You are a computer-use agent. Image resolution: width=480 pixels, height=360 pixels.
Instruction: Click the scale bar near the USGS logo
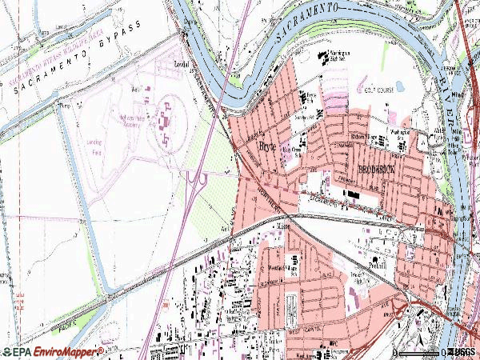(x=418, y=352)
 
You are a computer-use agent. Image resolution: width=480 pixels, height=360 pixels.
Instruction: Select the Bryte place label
(x=266, y=147)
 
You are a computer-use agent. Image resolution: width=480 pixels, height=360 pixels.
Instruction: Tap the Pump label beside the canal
(x=64, y=105)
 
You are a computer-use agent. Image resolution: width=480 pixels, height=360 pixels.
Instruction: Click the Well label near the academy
(x=136, y=90)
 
